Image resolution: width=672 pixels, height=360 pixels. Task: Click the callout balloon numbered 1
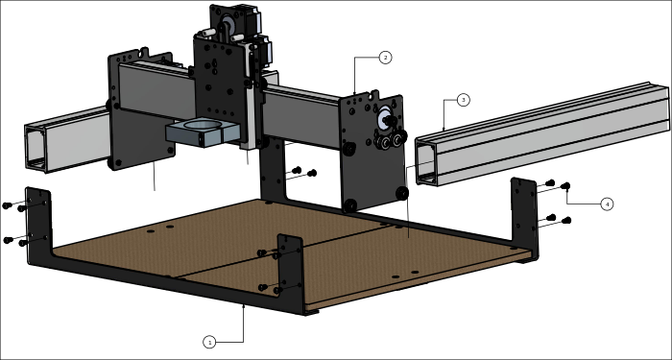[209, 342]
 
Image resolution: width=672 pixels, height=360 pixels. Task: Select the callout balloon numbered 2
[385, 58]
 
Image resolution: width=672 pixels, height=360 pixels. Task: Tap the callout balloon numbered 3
[463, 100]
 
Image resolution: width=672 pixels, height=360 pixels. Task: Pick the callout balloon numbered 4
[607, 204]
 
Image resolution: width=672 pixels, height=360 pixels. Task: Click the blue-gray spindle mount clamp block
[203, 133]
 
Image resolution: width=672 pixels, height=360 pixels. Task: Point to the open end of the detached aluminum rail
[426, 163]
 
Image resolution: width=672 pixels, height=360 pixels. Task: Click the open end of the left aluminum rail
[36, 148]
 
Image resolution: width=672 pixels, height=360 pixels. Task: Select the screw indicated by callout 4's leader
[565, 186]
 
